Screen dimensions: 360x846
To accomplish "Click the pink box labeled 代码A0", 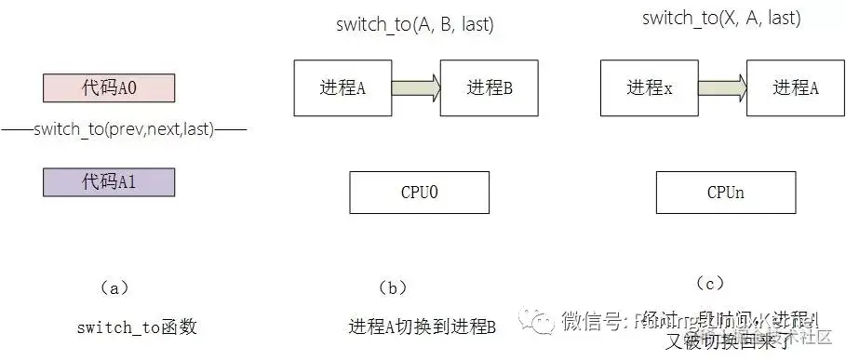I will pyautogui.click(x=109, y=88).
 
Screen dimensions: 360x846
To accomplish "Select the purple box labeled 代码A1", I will pyautogui.click(x=109, y=182).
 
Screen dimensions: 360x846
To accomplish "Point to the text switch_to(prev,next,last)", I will pyautogui.click(x=124, y=130).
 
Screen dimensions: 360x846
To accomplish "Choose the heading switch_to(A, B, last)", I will pyautogui.click(x=414, y=25).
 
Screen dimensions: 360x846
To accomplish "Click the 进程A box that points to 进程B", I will pyautogui.click(x=342, y=88).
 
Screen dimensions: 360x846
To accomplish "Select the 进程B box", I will pyautogui.click(x=490, y=88).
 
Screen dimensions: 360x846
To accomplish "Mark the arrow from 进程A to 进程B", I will pyautogui.click(x=416, y=88).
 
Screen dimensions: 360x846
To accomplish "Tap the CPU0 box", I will pyautogui.click(x=420, y=192).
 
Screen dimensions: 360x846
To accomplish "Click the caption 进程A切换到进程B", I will pyautogui.click(x=422, y=327).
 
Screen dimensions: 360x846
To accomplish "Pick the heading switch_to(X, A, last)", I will pyautogui.click(x=720, y=19).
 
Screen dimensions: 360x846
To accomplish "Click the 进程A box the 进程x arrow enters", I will pyautogui.click(x=795, y=88).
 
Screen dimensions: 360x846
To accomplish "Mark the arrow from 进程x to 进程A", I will pyautogui.click(x=722, y=88).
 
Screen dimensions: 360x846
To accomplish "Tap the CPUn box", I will pyautogui.click(x=724, y=192).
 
